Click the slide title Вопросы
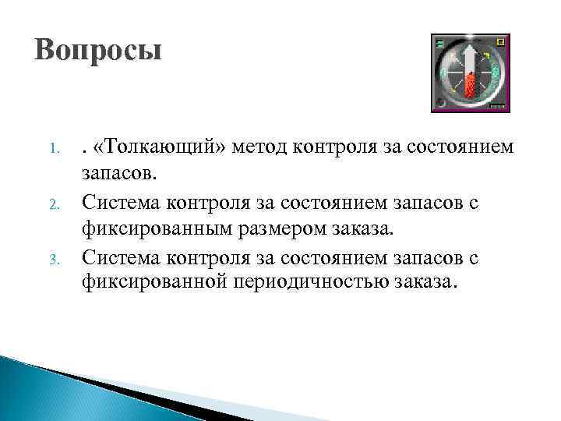coord(98,51)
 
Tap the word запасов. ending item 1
coord(117,172)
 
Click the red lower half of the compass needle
coord(470,84)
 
